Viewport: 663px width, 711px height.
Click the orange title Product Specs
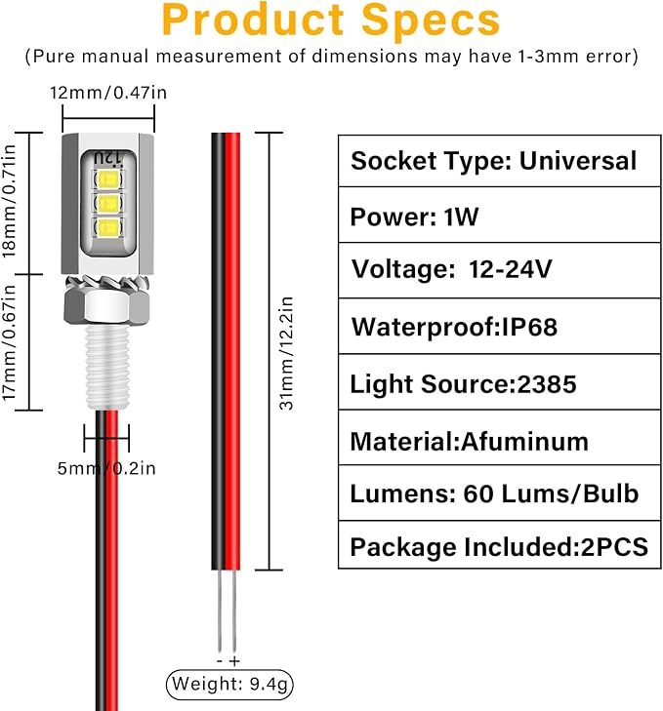pyautogui.click(x=331, y=20)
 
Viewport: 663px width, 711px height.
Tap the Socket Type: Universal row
pyautogui.click(x=500, y=161)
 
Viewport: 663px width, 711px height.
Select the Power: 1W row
pyautogui.click(x=500, y=215)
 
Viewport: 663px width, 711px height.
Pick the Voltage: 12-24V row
pyautogui.click(x=500, y=270)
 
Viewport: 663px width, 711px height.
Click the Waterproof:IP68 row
pyautogui.click(x=500, y=326)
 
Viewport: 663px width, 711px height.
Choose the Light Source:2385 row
pyautogui.click(x=500, y=381)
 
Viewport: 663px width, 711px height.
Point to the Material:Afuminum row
pyautogui.click(x=500, y=438)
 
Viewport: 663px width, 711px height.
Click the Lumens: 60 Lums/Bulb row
pyautogui.click(x=500, y=493)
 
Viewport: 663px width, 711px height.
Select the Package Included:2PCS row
pyautogui.click(x=500, y=544)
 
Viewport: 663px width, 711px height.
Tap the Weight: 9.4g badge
pyautogui.click(x=229, y=685)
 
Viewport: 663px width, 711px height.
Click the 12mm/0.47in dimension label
pyautogui.click(x=108, y=93)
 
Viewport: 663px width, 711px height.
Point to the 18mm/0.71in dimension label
pyautogui.click(x=9, y=201)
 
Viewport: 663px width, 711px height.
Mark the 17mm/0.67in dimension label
pyautogui.click(x=9, y=342)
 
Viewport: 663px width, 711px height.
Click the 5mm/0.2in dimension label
pyautogui.click(x=106, y=468)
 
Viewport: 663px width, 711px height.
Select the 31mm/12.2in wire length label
pyautogui.click(x=286, y=354)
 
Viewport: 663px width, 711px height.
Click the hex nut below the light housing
pyautogui.click(x=107, y=306)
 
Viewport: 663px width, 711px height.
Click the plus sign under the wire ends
pyautogui.click(x=234, y=661)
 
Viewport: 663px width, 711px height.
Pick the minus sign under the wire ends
pyautogui.click(x=220, y=661)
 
